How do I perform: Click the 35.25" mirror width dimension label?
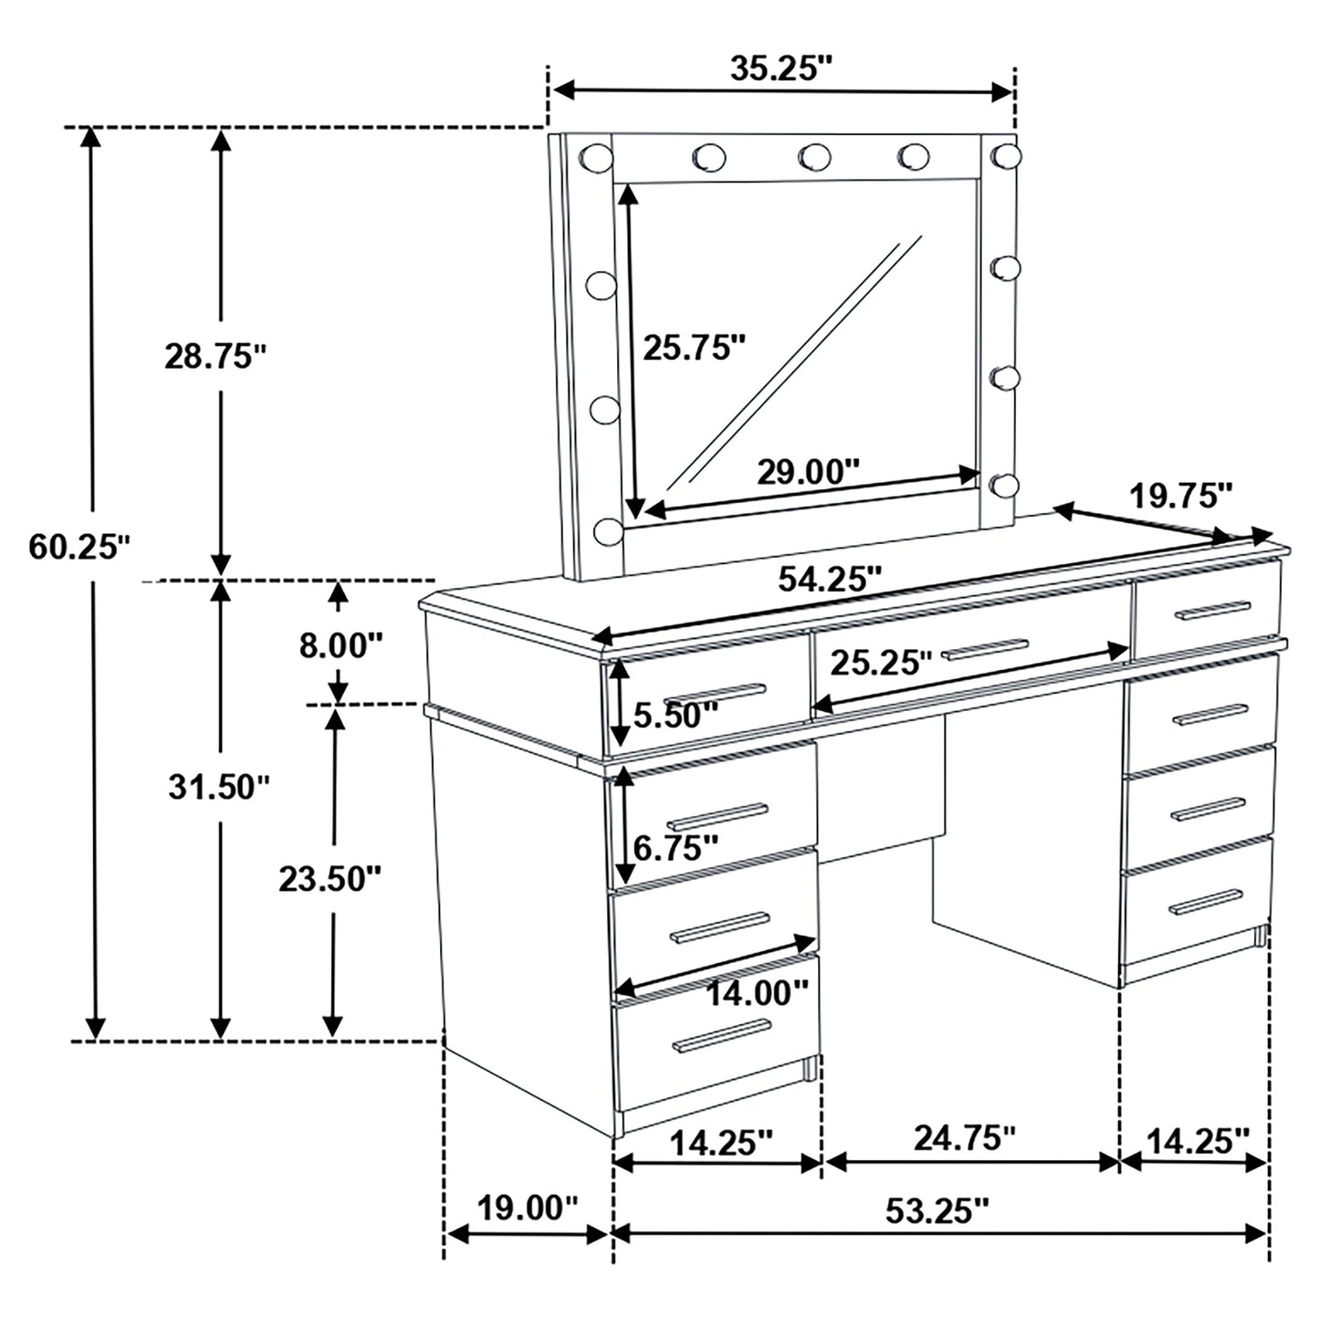[x=781, y=68]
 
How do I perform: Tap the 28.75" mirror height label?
[x=215, y=356]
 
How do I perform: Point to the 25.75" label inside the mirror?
[x=695, y=347]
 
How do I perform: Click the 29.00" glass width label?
[x=808, y=472]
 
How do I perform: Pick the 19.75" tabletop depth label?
[x=1181, y=497]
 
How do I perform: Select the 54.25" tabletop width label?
[x=830, y=579]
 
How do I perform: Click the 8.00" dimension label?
[x=340, y=645]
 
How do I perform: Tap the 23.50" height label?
[x=330, y=879]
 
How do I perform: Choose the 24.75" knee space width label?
[x=964, y=1137]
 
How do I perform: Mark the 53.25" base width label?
[x=937, y=1210]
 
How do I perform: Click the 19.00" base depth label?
[x=528, y=1209]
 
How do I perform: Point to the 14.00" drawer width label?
[x=757, y=993]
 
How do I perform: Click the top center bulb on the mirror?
[x=813, y=157]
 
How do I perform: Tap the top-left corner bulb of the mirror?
[x=595, y=156]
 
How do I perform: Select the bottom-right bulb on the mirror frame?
[x=1004, y=485]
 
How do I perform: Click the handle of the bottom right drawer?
[x=1205, y=902]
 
